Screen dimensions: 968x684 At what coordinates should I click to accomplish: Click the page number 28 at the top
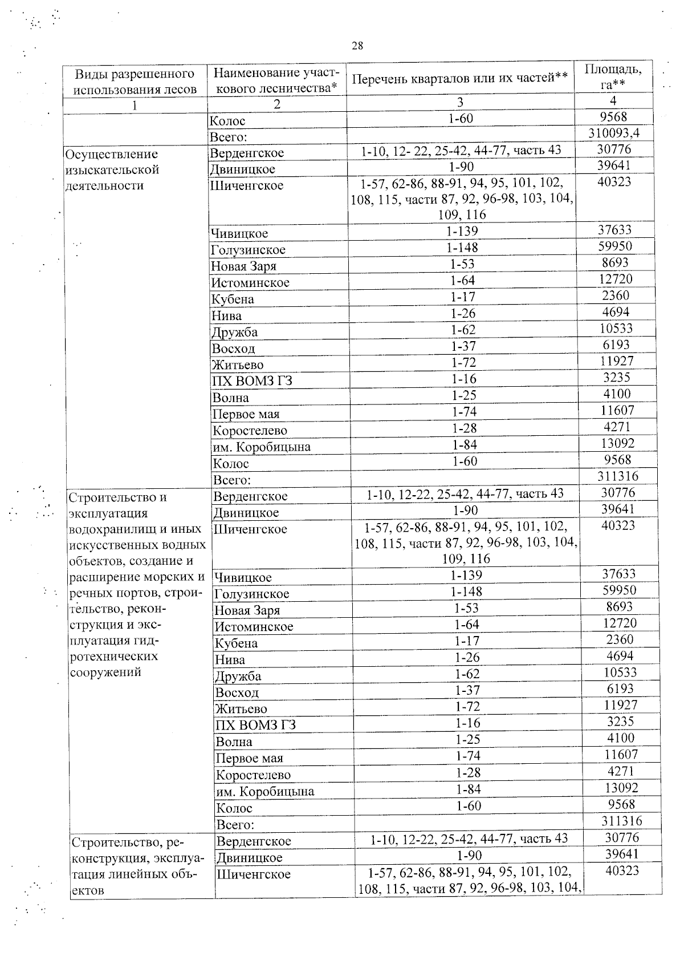[357, 46]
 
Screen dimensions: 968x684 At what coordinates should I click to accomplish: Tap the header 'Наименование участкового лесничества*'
[276, 80]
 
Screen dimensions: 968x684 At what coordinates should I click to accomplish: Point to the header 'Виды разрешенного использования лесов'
[135, 81]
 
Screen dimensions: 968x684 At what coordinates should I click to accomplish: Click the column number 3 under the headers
[460, 102]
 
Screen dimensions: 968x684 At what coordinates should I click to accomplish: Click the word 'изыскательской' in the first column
[112, 170]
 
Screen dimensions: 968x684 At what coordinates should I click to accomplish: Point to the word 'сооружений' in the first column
[105, 672]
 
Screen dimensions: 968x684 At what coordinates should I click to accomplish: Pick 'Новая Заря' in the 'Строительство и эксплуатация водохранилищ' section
[247, 610]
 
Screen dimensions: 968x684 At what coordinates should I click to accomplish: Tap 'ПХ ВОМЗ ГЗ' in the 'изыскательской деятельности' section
[252, 381]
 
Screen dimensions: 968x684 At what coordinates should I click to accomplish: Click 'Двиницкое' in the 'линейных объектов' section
[249, 857]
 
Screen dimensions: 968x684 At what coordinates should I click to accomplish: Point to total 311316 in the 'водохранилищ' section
[621, 821]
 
